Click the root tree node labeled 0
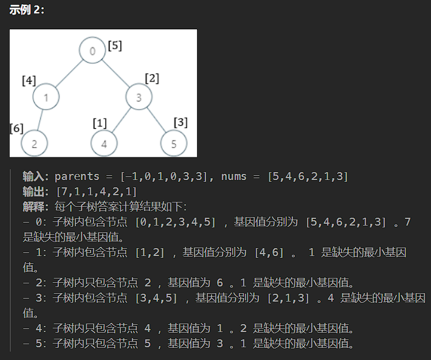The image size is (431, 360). (x=92, y=50)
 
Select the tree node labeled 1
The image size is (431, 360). (x=46, y=97)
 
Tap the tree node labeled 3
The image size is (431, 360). (x=139, y=97)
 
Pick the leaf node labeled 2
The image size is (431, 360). (x=35, y=144)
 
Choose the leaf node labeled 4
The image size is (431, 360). (x=104, y=144)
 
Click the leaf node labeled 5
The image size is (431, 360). (x=174, y=144)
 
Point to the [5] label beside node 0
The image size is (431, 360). (x=115, y=46)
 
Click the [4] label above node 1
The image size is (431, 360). (x=29, y=81)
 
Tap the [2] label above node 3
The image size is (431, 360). (x=152, y=78)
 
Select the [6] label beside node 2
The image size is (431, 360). (x=16, y=128)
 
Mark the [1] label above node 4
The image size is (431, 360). (x=100, y=123)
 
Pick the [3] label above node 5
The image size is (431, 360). (x=181, y=122)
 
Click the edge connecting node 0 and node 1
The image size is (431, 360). (x=69, y=74)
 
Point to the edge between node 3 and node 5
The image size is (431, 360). (x=156, y=120)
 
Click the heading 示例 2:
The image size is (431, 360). (x=27, y=10)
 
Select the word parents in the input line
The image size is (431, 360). (x=77, y=176)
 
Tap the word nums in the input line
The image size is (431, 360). (x=234, y=176)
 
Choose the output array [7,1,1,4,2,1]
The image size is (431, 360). (x=96, y=192)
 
